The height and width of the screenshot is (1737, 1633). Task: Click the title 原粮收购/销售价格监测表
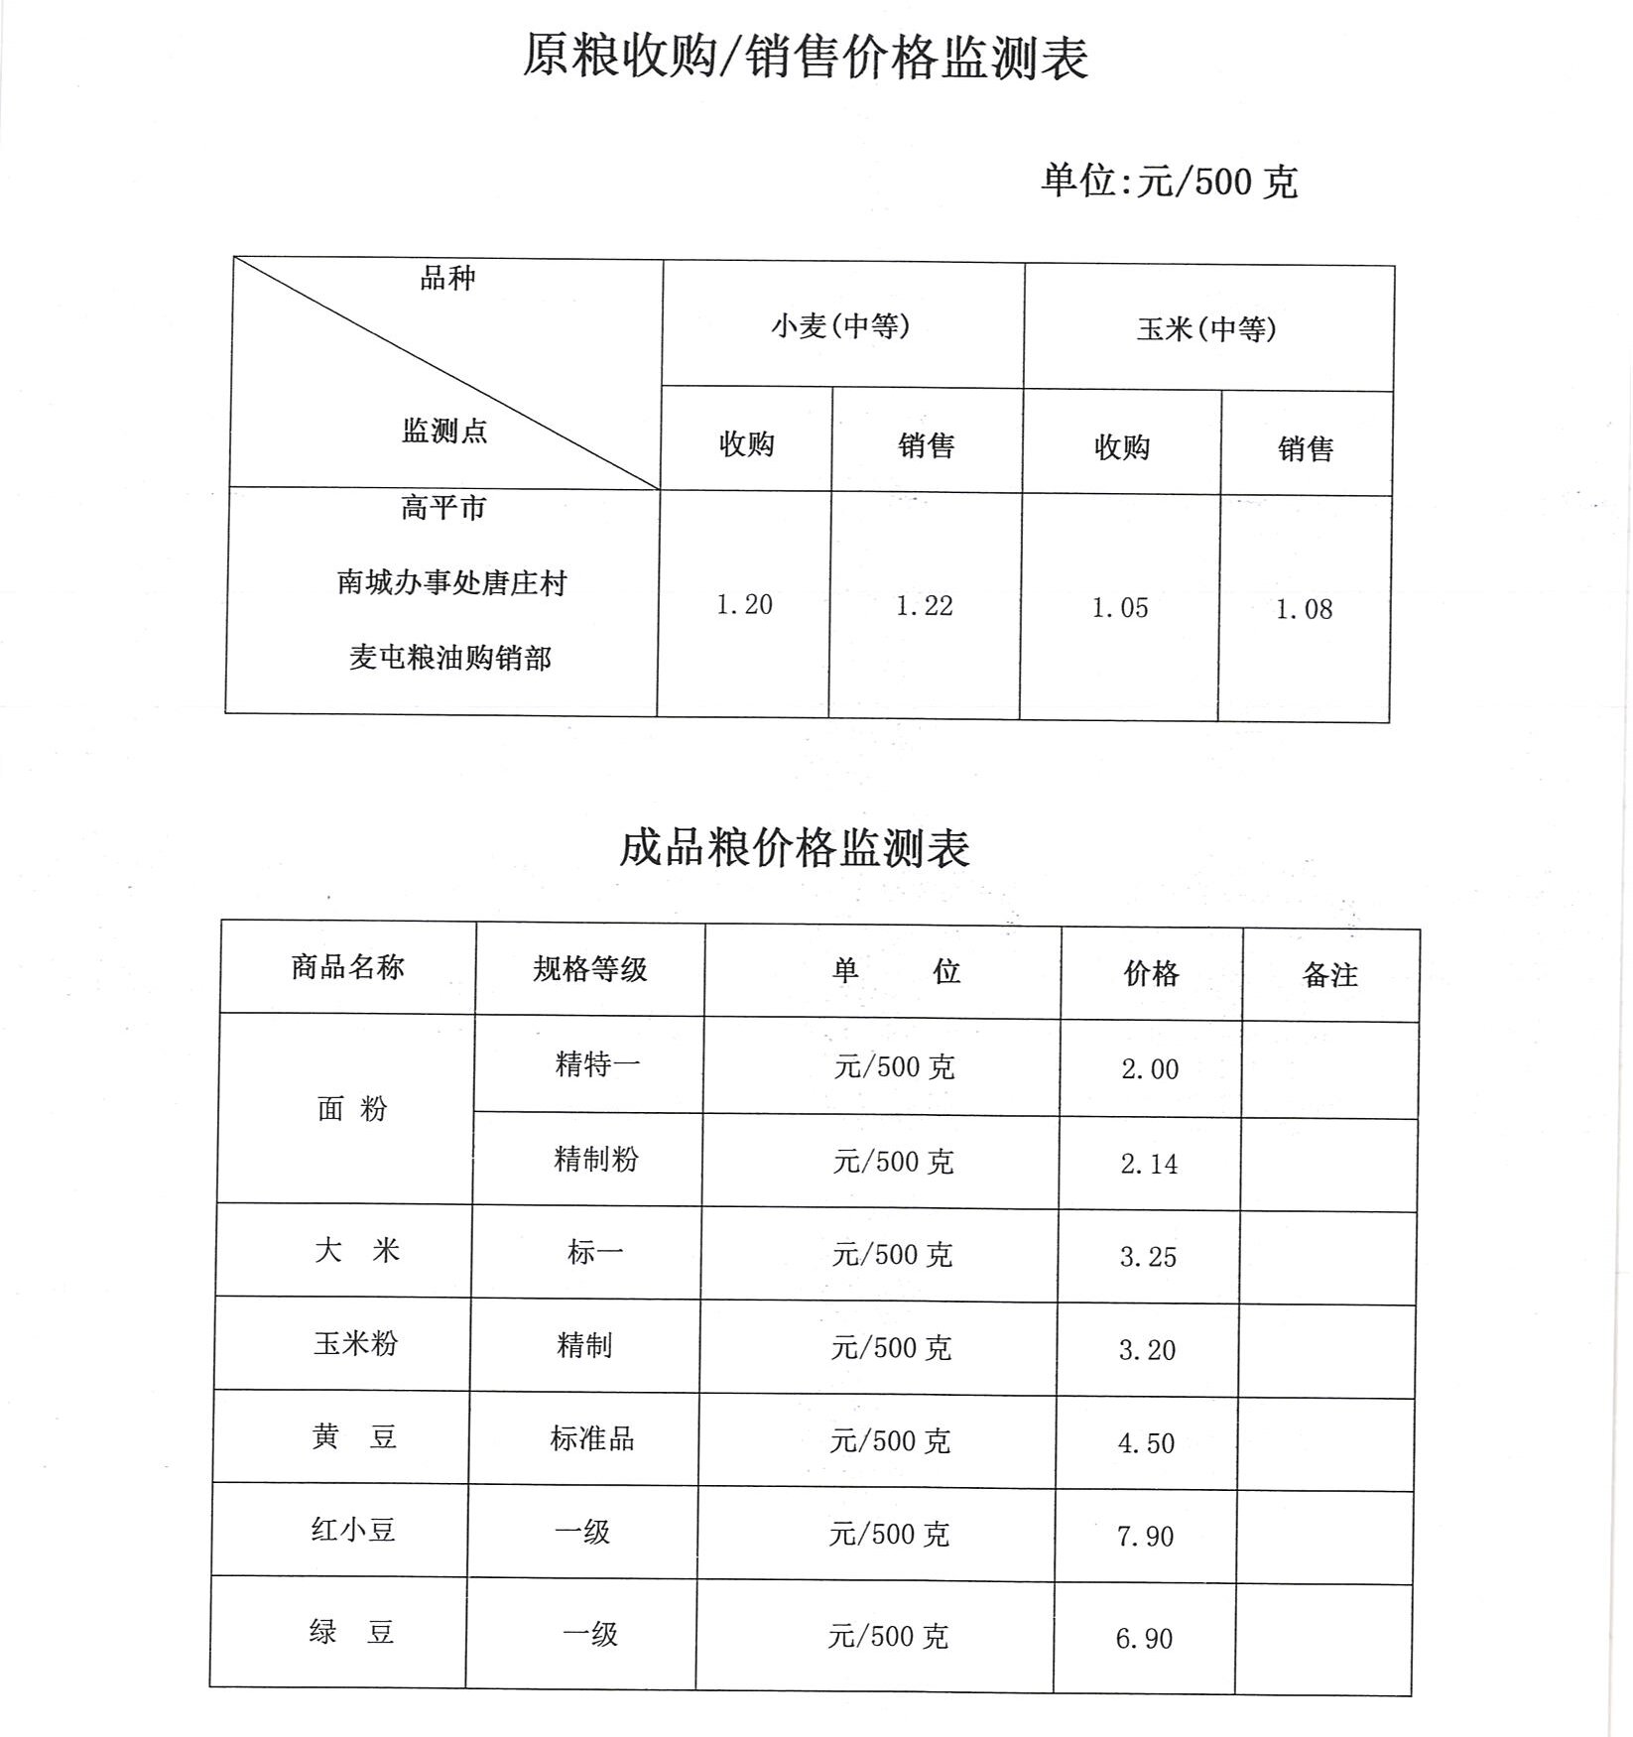pyautogui.click(x=805, y=57)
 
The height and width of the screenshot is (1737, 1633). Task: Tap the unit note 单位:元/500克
pyautogui.click(x=1169, y=182)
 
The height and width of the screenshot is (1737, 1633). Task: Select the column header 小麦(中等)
pyautogui.click(x=840, y=325)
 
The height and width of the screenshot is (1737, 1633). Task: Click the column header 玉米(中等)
pyautogui.click(x=1206, y=328)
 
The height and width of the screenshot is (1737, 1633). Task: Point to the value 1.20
pyautogui.click(x=744, y=604)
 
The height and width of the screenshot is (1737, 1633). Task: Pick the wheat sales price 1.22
pyautogui.click(x=925, y=605)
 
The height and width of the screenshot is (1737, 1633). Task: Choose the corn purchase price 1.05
pyautogui.click(x=1120, y=607)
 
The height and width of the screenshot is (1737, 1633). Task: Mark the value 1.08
pyautogui.click(x=1304, y=609)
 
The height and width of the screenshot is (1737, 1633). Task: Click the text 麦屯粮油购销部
pyautogui.click(x=449, y=658)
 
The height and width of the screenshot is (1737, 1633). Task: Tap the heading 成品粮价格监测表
pyautogui.click(x=795, y=848)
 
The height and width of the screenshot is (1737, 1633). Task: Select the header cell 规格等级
pyautogui.click(x=589, y=969)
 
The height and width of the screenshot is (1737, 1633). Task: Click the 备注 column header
pyautogui.click(x=1329, y=975)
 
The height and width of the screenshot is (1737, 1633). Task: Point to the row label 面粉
pyautogui.click(x=351, y=1109)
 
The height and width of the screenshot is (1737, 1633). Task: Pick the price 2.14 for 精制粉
pyautogui.click(x=1149, y=1164)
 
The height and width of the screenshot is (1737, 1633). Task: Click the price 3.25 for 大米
pyautogui.click(x=1148, y=1257)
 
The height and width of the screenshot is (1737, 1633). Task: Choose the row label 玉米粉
pyautogui.click(x=355, y=1343)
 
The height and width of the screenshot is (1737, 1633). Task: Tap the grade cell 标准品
pyautogui.click(x=591, y=1438)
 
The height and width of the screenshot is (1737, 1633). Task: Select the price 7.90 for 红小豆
pyautogui.click(x=1145, y=1537)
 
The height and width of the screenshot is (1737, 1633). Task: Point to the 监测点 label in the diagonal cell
pyautogui.click(x=444, y=431)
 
